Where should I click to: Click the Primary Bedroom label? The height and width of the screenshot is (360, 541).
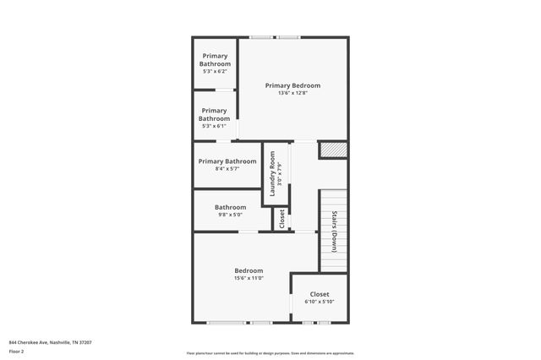(292, 85)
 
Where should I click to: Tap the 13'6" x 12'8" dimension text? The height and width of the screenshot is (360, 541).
(292, 93)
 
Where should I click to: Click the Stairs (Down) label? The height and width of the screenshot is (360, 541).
(334, 231)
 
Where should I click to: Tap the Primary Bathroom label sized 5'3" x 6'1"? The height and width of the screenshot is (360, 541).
(214, 115)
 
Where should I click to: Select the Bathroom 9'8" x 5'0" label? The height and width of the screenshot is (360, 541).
(230, 207)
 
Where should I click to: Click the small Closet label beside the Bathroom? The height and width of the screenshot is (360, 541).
(281, 218)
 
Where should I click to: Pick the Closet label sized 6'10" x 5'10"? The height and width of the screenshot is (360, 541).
(320, 294)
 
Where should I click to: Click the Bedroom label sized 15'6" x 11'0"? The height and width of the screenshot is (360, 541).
(249, 270)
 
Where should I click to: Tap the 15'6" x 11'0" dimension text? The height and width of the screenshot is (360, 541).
(249, 278)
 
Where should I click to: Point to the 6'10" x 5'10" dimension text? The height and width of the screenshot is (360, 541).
(320, 302)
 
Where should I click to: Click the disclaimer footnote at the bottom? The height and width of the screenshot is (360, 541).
(270, 353)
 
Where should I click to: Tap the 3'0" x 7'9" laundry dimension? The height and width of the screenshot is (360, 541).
(280, 175)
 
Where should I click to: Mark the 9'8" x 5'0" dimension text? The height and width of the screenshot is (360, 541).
(230, 215)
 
